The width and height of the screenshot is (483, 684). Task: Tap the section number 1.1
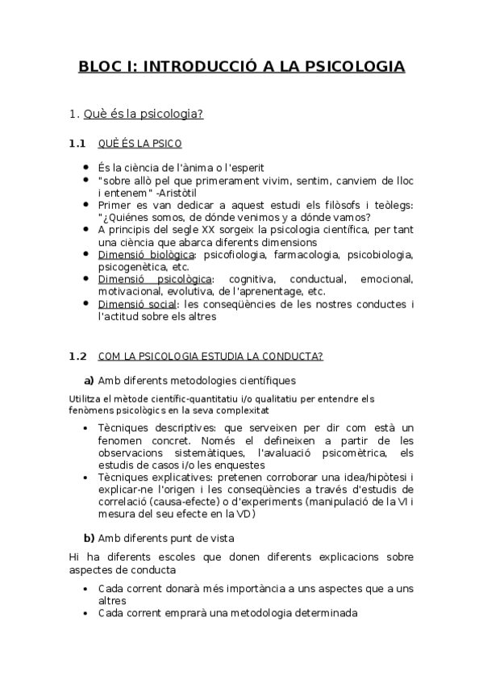pos(77,144)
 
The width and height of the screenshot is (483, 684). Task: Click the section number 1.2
pos(77,356)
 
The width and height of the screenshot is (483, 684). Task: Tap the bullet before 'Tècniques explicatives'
pos(86,478)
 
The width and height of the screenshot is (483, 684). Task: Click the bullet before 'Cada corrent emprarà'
pos(86,612)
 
